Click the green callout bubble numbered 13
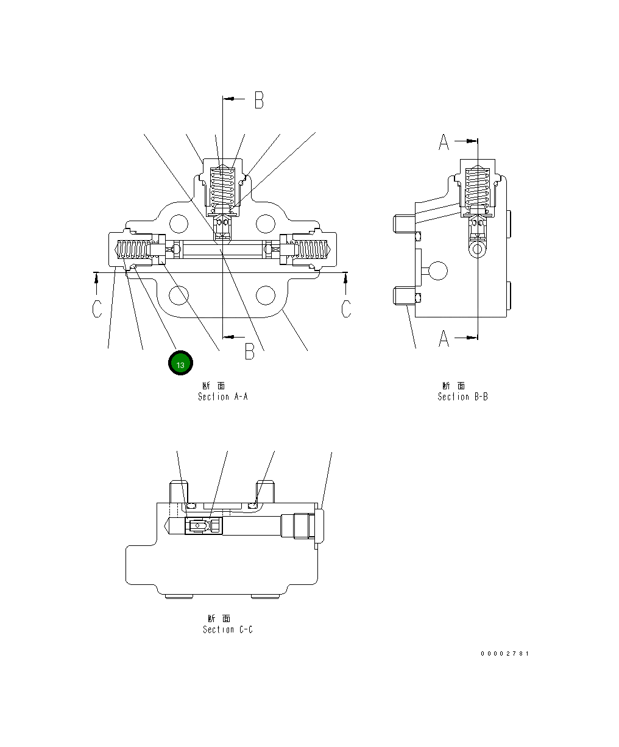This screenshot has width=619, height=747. [x=180, y=364]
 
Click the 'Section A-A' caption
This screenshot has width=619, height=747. [x=222, y=397]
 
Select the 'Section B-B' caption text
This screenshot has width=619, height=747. [x=462, y=397]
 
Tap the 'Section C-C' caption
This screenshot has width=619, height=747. [x=227, y=629]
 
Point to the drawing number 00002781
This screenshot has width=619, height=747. [x=504, y=654]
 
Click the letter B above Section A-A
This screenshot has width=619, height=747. [x=259, y=100]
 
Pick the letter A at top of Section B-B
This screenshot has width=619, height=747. [x=444, y=142]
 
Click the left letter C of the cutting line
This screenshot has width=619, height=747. [x=97, y=308]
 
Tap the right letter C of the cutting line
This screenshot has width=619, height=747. [x=346, y=308]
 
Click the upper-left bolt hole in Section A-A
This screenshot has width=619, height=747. [x=179, y=224]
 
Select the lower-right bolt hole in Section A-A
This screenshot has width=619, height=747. [x=266, y=296]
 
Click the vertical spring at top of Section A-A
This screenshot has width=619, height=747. [x=222, y=188]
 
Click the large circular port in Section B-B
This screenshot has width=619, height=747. [x=437, y=271]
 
